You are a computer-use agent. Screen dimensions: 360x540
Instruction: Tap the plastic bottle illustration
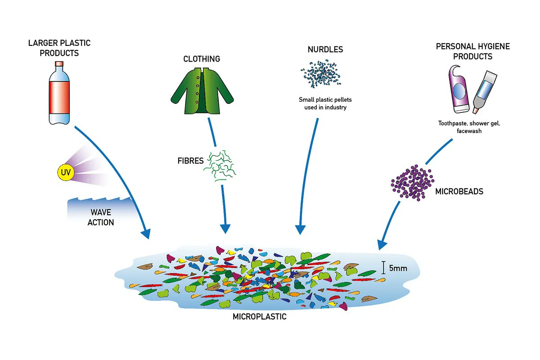point(59,93)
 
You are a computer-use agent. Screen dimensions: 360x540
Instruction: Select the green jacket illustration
point(202,90)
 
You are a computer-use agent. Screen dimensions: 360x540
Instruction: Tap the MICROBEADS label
point(459,192)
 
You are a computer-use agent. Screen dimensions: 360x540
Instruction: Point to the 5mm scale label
point(398,269)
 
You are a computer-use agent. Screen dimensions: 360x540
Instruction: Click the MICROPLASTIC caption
point(259,316)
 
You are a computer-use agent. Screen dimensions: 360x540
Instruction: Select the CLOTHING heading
point(202,59)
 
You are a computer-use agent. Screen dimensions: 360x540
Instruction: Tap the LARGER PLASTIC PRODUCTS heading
point(59,48)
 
